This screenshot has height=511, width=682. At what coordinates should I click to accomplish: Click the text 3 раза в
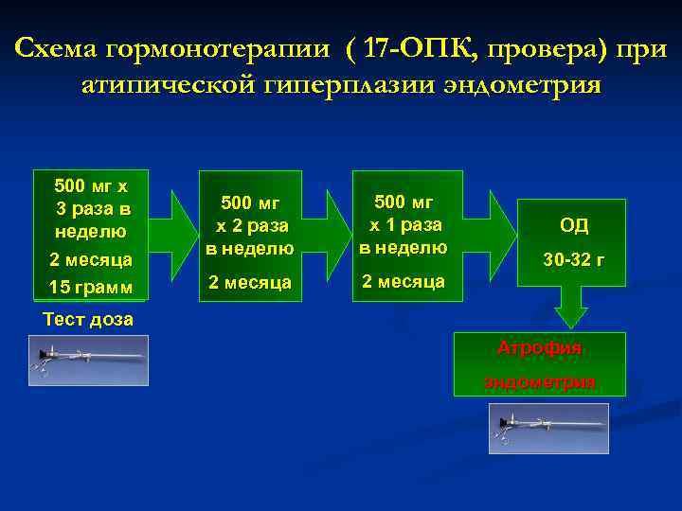94,208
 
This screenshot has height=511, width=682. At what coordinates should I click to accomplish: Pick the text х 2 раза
250,226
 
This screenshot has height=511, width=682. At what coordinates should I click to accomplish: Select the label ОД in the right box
574,225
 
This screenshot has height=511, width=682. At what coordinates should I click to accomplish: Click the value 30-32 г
574,259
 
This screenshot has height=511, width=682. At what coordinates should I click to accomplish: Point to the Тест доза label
88,319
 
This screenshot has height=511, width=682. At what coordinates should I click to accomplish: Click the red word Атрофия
540,348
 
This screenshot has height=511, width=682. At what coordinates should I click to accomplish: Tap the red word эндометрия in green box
540,381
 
